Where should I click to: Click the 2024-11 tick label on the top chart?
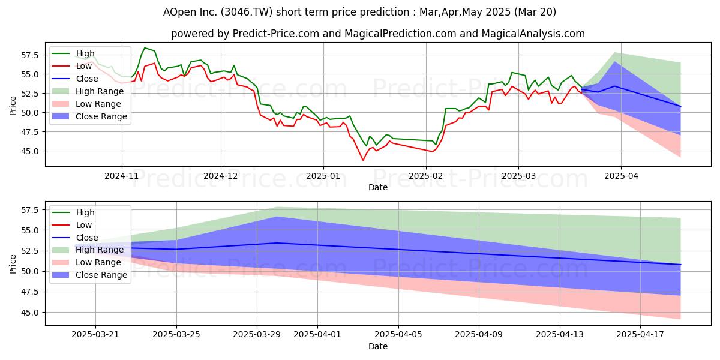121,176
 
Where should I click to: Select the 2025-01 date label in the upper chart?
323,176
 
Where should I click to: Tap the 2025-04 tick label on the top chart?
621,176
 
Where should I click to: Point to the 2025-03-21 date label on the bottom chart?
95,335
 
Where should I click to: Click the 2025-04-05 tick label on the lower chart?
398,335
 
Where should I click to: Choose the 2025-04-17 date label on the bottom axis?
640,335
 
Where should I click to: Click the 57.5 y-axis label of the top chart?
30,55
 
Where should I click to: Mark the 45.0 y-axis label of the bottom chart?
30,313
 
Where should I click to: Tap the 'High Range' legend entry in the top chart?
88,91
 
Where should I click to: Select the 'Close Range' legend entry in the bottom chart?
88,275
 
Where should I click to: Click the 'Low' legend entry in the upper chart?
72,66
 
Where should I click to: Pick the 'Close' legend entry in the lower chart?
75,238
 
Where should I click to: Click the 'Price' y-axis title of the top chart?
13,106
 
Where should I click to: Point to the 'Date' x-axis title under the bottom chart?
378,346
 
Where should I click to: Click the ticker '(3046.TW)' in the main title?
247,12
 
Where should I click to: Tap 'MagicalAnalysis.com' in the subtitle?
533,34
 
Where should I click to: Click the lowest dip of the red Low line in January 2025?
363,160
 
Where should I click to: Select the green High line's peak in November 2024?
145,48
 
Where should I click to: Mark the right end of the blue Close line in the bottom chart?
680,265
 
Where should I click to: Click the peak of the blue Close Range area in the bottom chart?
278,217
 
